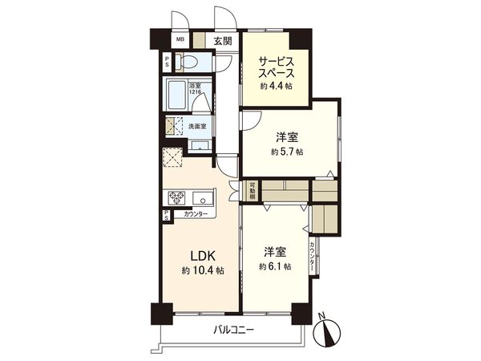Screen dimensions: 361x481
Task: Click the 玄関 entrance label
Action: pyautogui.click(x=223, y=42)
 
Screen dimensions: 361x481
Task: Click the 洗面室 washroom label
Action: pyautogui.click(x=197, y=126)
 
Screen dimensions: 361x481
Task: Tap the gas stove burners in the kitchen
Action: pyautogui.click(x=176, y=197)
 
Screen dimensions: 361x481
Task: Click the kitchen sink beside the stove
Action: pyautogui.click(x=201, y=197)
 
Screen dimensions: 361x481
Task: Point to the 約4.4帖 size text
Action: pyautogui.click(x=275, y=85)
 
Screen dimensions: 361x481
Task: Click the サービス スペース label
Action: pyautogui.click(x=276, y=63)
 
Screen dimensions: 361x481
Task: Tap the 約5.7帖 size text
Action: pyautogui.click(x=286, y=151)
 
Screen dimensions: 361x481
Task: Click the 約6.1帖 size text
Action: pyautogui.click(x=274, y=266)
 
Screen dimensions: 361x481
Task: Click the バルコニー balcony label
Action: pyautogui.click(x=233, y=330)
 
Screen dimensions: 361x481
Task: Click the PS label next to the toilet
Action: pyautogui.click(x=167, y=62)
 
